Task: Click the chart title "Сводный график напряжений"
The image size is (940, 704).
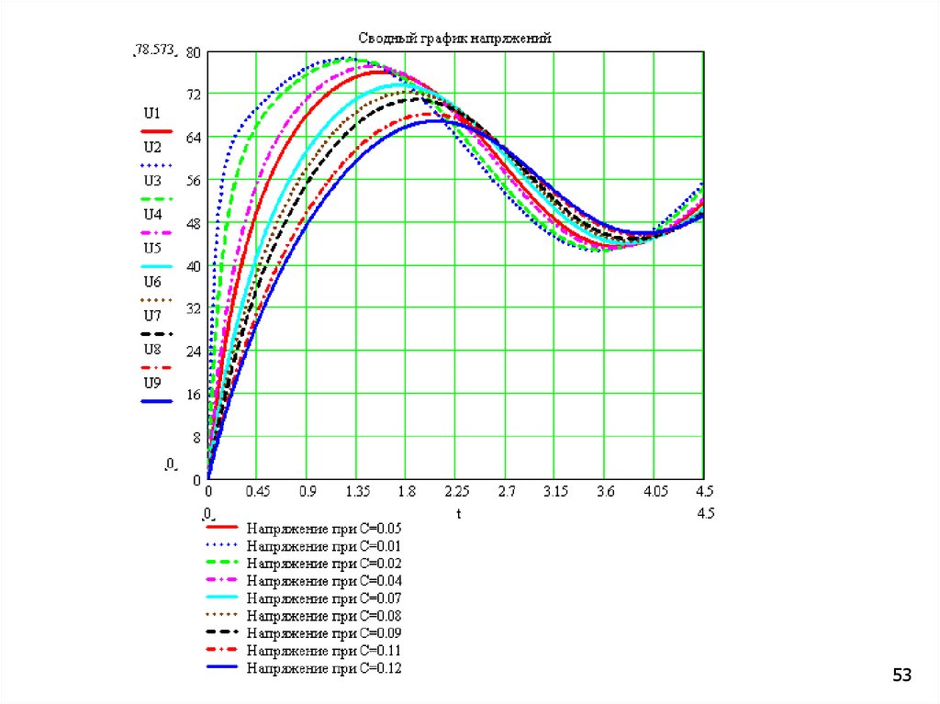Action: click(453, 38)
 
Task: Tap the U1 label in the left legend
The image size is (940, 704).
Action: click(152, 113)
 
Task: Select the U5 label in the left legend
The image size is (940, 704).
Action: click(152, 247)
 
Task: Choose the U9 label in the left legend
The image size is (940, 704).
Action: click(152, 382)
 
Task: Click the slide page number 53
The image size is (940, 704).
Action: click(902, 676)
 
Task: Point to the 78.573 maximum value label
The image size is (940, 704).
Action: click(154, 52)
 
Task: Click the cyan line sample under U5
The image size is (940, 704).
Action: click(157, 266)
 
